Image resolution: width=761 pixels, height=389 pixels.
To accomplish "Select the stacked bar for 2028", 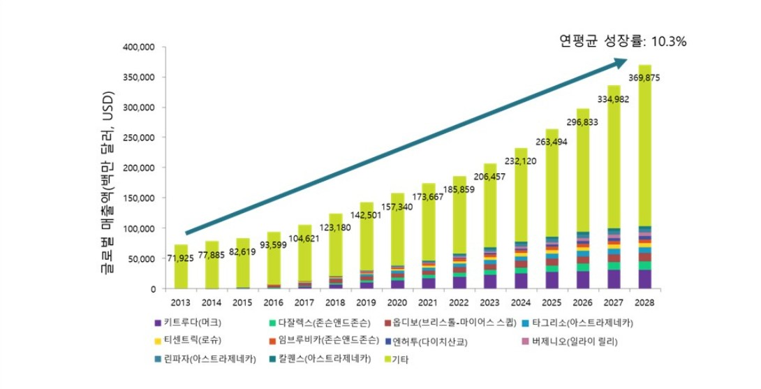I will click(x=645, y=175).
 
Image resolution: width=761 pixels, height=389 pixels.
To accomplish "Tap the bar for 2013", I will click(x=181, y=266).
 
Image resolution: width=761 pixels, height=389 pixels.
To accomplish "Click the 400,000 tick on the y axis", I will click(x=139, y=47).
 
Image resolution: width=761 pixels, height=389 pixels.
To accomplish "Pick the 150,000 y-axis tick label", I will click(x=139, y=198).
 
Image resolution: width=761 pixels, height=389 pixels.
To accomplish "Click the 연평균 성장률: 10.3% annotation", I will click(x=623, y=42).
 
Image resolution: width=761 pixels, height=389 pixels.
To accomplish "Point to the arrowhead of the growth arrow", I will click(x=621, y=63).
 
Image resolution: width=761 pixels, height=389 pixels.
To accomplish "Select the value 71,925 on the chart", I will click(x=182, y=259).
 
